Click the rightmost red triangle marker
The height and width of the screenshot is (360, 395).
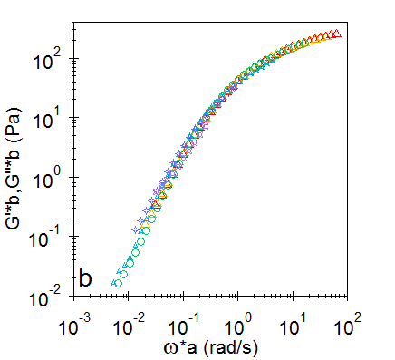coord(336,34)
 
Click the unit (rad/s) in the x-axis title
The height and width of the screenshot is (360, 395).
coord(239,345)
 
